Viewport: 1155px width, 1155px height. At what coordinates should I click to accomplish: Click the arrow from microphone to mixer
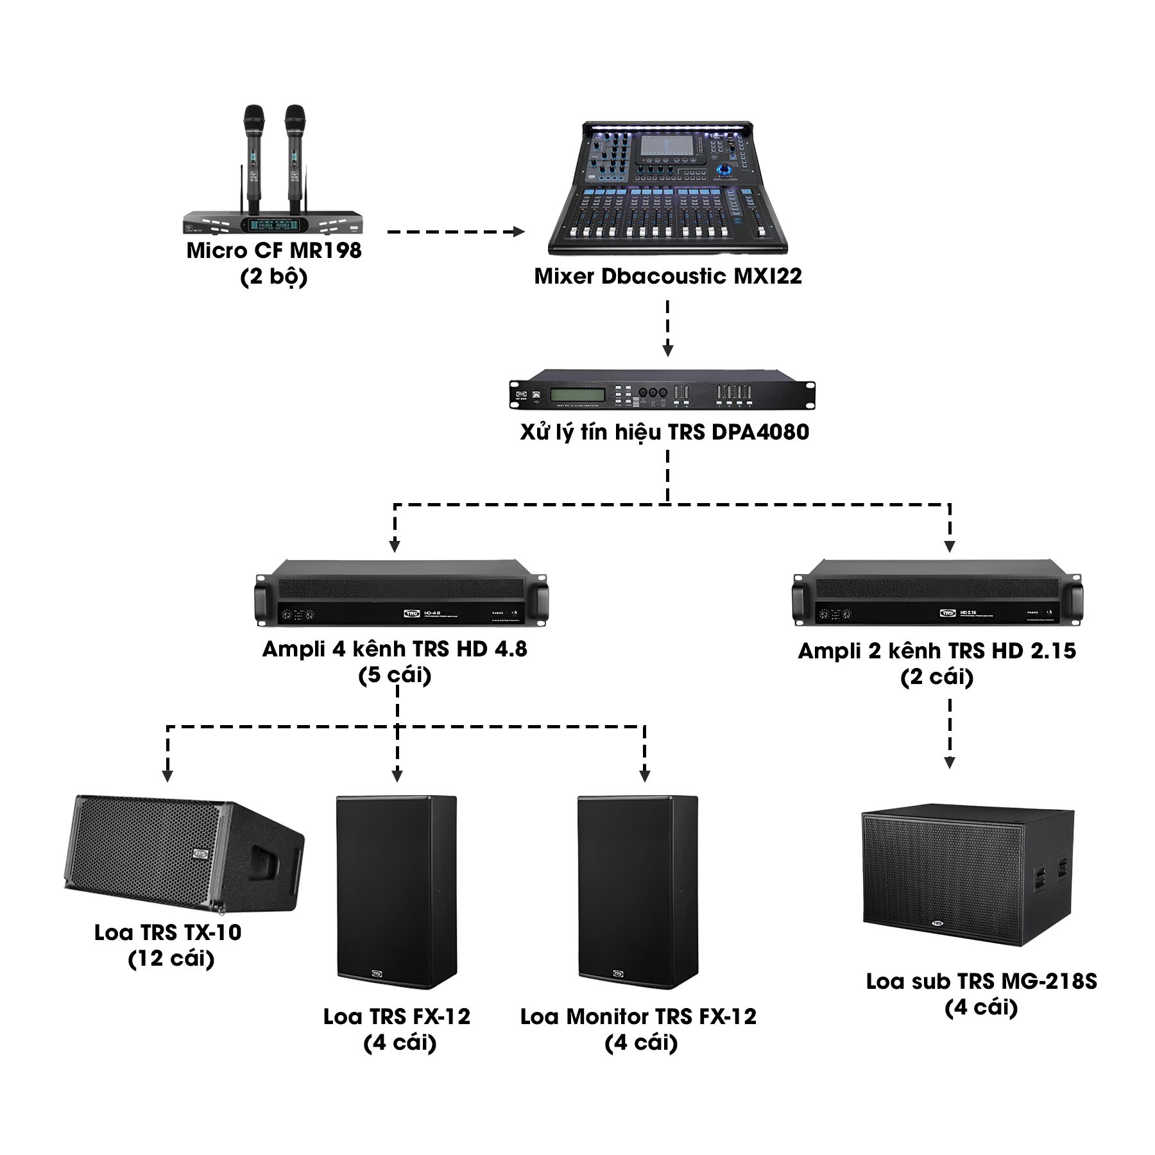coord(457,232)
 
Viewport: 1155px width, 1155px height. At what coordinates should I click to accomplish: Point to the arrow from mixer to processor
coord(668,327)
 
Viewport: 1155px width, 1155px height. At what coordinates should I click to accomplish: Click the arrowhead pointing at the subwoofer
coord(950,762)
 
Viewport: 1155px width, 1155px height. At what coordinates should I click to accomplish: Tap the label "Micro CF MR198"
coord(274,250)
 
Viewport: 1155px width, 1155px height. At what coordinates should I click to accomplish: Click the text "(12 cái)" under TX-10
coord(171,959)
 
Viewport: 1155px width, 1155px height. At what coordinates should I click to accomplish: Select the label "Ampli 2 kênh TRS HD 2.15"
coord(937,651)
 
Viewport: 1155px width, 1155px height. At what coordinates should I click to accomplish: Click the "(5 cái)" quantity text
coord(395,676)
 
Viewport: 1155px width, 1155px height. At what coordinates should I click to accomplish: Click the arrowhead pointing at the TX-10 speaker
coord(167,775)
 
